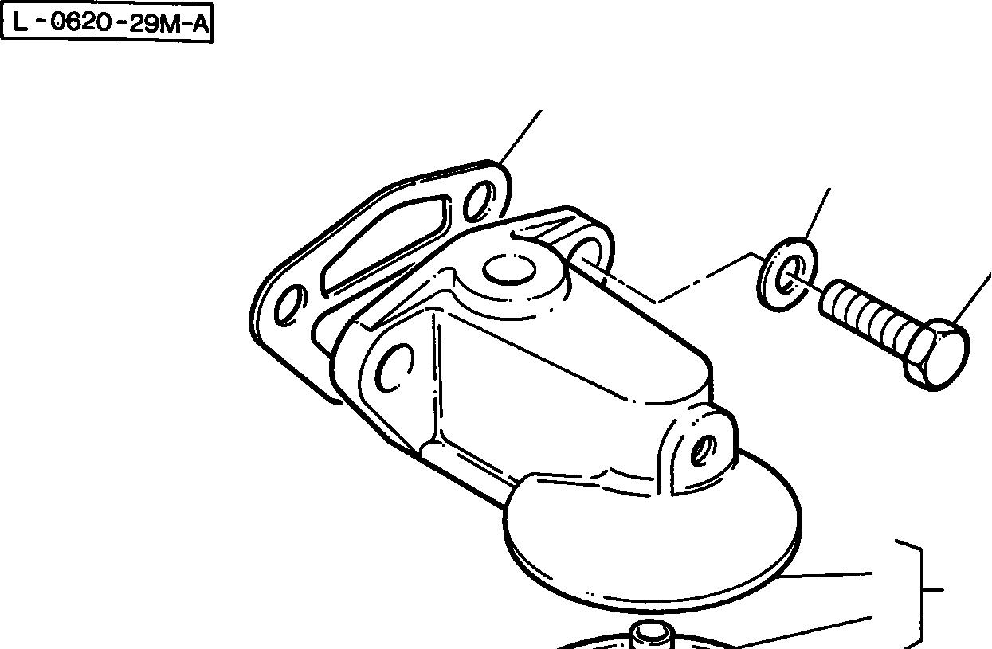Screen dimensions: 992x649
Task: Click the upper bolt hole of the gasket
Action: click(480, 201)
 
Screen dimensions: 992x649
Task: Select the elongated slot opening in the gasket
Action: click(382, 243)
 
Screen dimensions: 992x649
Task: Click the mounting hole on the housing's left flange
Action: click(392, 368)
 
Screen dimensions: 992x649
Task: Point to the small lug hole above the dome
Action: click(700, 451)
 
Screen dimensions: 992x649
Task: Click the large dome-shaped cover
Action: click(653, 541)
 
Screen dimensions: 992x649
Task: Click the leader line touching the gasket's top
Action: click(521, 135)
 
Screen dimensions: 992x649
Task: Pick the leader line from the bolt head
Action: click(974, 299)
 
